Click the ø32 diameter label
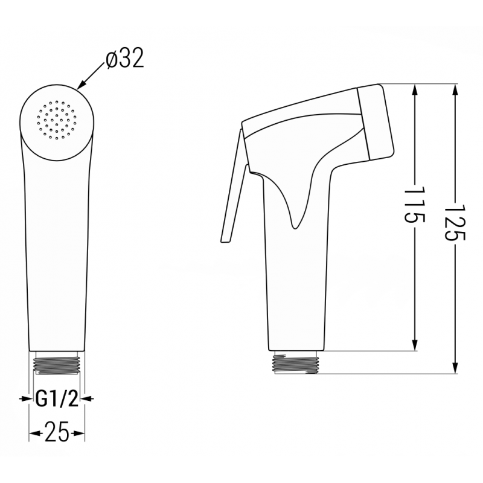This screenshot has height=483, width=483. (124, 60)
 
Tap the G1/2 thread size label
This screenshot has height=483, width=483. (56, 398)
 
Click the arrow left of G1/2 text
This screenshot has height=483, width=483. (26, 398)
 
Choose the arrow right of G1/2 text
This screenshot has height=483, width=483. (88, 398)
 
